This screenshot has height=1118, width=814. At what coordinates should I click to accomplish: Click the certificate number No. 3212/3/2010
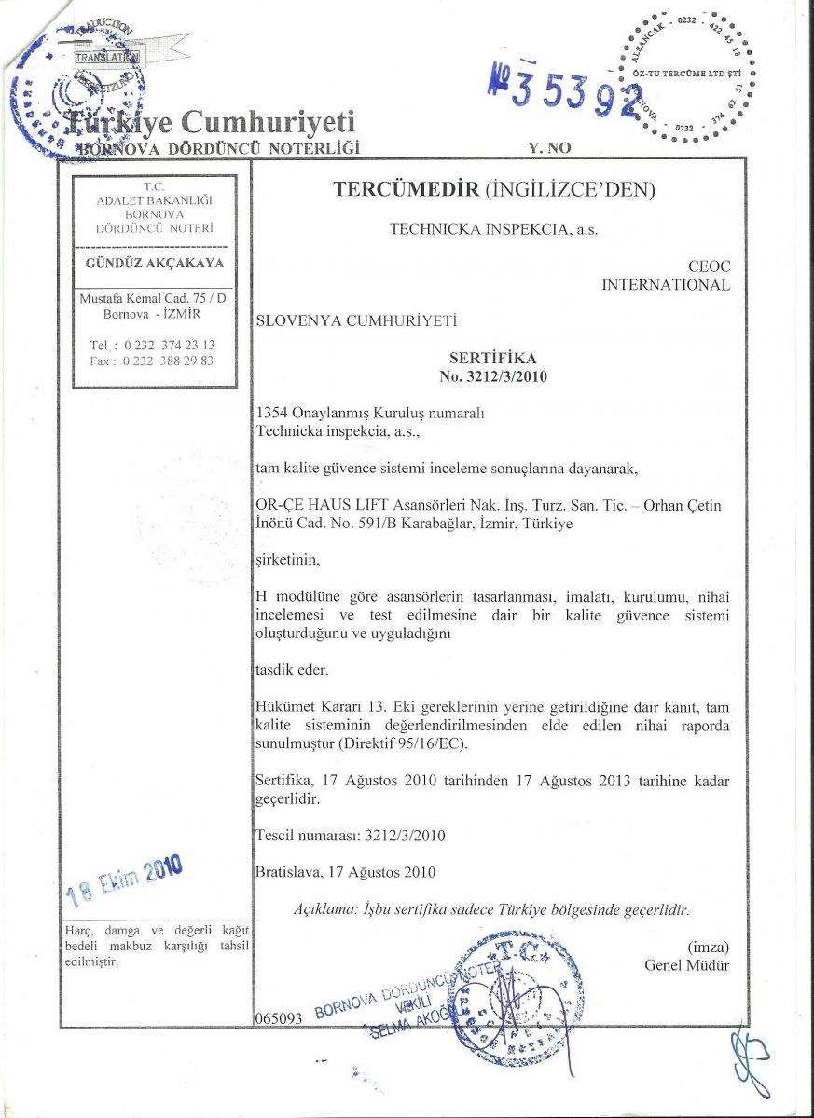493,377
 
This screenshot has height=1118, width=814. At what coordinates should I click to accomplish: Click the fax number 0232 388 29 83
154,361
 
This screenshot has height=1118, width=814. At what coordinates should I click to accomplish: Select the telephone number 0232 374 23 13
154,345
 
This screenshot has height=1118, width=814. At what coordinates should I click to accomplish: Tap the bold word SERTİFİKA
493,358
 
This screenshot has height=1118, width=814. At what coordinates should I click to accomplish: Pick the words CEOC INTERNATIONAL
665,277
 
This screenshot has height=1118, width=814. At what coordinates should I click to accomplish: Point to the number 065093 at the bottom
279,1019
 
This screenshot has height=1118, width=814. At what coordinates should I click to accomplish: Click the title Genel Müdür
687,965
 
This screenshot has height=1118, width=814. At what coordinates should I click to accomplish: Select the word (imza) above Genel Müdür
708,947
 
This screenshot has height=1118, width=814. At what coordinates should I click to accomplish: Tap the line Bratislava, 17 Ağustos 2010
346,873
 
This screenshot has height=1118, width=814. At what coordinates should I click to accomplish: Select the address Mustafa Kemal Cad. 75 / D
154,298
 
